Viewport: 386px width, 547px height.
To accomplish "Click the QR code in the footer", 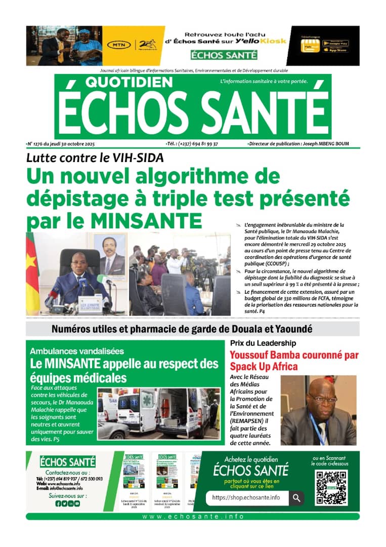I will coord(331,487).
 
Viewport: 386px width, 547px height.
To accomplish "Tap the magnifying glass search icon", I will coord(296,498).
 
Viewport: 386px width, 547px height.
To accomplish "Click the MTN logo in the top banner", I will coord(118,45).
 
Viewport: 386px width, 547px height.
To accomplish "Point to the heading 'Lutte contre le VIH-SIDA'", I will coord(95,157).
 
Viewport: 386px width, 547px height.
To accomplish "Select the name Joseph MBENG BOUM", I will coord(325,144).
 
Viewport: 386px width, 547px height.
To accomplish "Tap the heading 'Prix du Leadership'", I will coord(256,343).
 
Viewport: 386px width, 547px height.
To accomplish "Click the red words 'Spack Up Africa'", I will coord(264,366).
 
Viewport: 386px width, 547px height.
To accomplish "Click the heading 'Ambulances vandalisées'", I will coord(76,350).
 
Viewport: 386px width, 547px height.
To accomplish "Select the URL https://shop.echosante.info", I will coord(246,498).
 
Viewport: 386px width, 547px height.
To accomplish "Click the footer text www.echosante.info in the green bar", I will coord(193,517).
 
